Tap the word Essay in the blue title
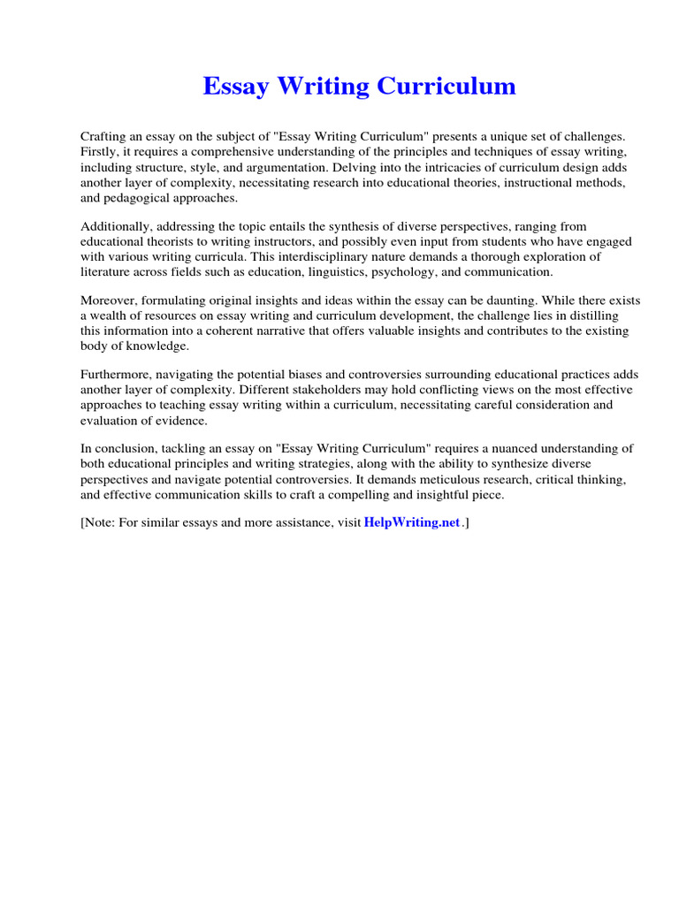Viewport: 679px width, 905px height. [234, 87]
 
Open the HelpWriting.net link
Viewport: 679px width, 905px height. [412, 522]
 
